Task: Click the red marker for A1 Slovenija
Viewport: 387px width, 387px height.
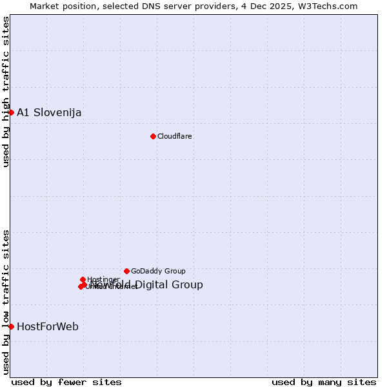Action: coord(11,112)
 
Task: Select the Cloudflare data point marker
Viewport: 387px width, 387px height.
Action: coord(153,136)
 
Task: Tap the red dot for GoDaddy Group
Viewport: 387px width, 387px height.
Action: coord(126,271)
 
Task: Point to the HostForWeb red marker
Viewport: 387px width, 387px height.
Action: coord(11,326)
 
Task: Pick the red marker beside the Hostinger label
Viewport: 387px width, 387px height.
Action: coord(83,279)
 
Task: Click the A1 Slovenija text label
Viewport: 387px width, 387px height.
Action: coord(49,112)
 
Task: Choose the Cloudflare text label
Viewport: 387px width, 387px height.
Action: coord(174,136)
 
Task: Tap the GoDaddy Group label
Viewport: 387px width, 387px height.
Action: coord(158,271)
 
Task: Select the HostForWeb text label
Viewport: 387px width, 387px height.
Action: coord(48,326)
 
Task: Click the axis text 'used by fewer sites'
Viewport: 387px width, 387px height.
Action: coord(66,382)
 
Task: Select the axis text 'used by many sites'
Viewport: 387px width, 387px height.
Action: coord(324,382)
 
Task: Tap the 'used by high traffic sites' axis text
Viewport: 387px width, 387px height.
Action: coord(6,92)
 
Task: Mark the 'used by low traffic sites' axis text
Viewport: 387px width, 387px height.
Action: coord(6,301)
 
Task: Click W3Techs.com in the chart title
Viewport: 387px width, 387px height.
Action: coord(332,6)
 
